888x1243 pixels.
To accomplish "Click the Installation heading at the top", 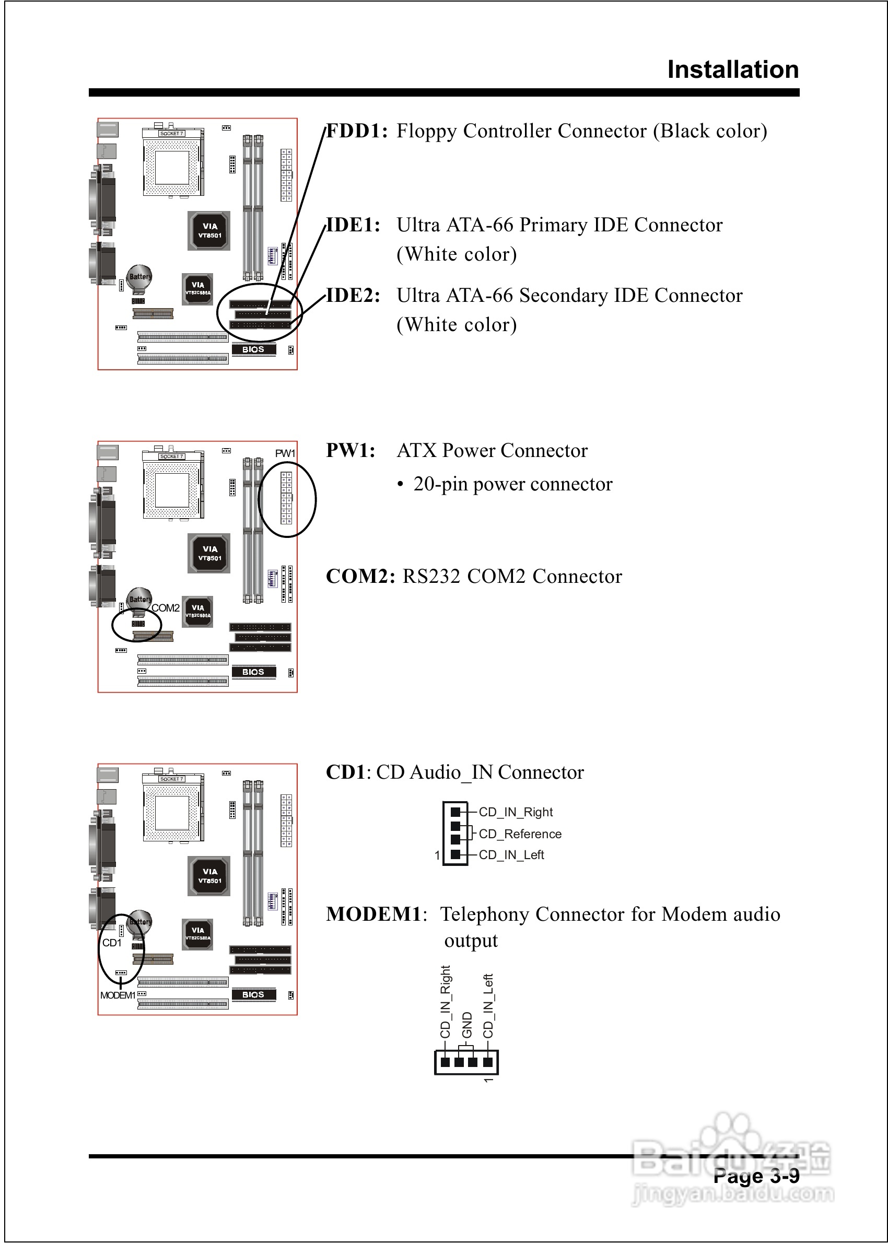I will point(733,70).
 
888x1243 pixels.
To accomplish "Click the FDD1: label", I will point(357,131).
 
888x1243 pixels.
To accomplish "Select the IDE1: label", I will point(353,225).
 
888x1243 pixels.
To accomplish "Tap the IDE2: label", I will point(353,296).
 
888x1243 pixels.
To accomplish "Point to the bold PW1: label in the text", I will point(350,451).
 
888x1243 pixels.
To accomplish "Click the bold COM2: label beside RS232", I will point(360,577).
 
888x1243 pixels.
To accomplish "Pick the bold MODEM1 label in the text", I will point(375,914).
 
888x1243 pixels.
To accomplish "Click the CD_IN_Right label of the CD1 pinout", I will point(516,812).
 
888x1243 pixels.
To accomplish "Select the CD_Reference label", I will point(520,834).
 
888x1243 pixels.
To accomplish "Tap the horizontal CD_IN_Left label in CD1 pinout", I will point(511,855).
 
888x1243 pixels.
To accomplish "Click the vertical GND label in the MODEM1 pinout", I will point(466,1025).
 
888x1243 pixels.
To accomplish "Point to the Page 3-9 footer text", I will point(756,1176).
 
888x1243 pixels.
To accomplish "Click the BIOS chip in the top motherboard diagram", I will point(253,349).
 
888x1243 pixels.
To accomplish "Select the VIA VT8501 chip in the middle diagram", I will point(209,553).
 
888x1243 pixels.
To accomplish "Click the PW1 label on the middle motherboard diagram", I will point(285,453).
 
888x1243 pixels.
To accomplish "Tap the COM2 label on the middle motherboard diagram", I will point(165,608).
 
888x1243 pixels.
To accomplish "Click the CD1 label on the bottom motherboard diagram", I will point(112,943).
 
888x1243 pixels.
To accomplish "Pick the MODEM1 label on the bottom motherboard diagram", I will point(117,995).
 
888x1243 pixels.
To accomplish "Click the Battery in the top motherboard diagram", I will point(139,276).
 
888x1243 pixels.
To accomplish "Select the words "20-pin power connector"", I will point(512,484).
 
